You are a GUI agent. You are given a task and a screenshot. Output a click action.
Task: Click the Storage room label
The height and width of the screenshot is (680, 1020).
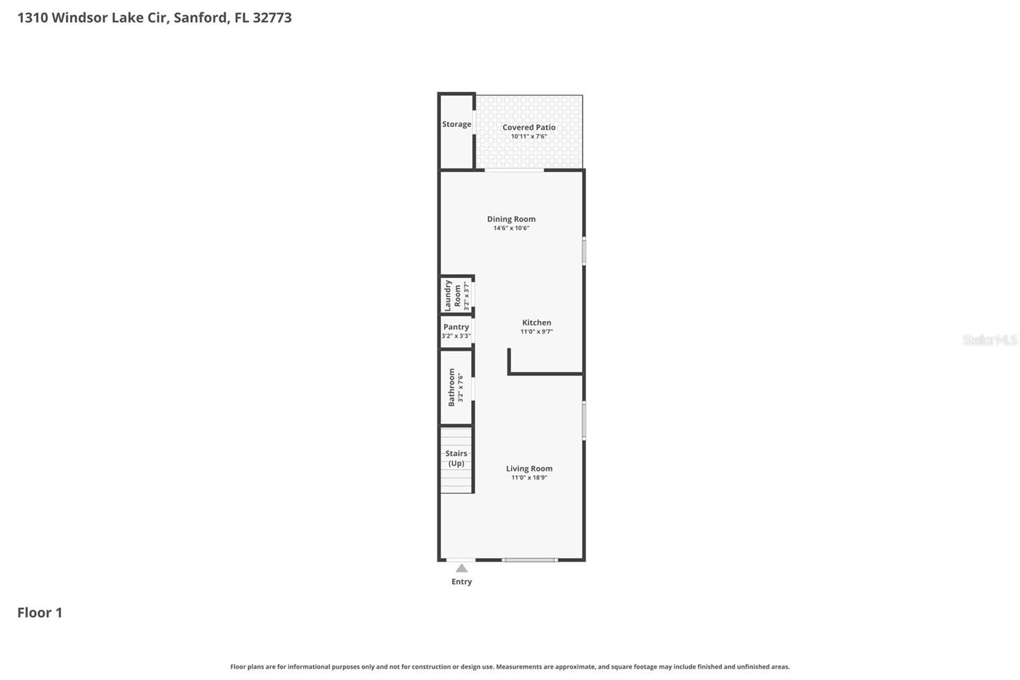pos(456,124)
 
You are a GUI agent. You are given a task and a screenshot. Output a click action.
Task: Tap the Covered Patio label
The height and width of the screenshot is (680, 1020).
pos(528,128)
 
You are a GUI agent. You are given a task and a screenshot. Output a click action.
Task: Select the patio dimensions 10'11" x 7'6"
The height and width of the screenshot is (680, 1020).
pos(528,137)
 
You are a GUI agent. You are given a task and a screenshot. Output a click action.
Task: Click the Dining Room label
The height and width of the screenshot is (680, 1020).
pos(511,219)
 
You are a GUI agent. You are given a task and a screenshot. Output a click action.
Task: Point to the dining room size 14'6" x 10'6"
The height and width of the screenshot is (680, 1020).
pos(511,228)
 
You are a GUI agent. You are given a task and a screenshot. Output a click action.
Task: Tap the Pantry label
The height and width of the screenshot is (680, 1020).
pos(456,327)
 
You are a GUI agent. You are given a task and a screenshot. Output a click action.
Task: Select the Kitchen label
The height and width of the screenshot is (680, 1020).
pos(536,323)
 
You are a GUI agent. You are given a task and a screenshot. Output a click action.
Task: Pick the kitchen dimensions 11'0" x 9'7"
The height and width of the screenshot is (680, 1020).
pos(536,332)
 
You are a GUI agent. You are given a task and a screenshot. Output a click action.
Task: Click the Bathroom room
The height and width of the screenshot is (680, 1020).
pos(456,387)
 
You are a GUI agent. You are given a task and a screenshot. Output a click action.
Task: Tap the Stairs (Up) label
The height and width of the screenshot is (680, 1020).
pos(456,458)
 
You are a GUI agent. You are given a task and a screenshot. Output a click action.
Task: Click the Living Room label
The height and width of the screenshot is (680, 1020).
pos(529,468)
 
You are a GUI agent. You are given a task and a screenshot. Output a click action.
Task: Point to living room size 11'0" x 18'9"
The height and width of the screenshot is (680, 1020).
pos(529,478)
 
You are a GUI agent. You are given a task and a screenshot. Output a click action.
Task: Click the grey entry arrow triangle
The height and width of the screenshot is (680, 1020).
pos(462,568)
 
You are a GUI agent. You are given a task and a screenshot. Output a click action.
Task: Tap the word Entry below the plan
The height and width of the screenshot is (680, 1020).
pos(462,582)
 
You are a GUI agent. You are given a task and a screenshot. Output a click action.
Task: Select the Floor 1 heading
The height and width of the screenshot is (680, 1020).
pos(40,613)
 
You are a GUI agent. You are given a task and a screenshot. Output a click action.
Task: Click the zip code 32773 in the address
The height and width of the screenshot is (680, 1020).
pos(272,18)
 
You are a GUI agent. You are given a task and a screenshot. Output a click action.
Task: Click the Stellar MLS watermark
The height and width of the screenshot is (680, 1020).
pos(989,340)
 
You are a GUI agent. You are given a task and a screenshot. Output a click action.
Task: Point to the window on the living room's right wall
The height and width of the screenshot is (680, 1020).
pos(583,420)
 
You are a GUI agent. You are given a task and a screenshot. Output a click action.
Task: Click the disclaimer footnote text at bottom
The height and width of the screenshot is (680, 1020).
pos(509,667)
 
